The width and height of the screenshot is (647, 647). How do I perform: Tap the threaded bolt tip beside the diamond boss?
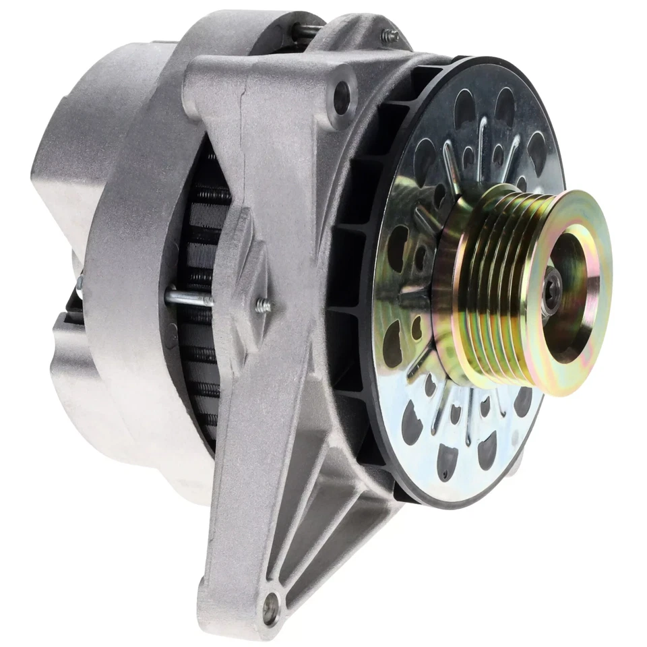pyautogui.click(x=264, y=306)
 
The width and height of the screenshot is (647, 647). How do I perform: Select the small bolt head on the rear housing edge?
pyautogui.click(x=80, y=283)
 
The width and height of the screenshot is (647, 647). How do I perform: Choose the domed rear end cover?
pyautogui.click(x=74, y=168)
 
